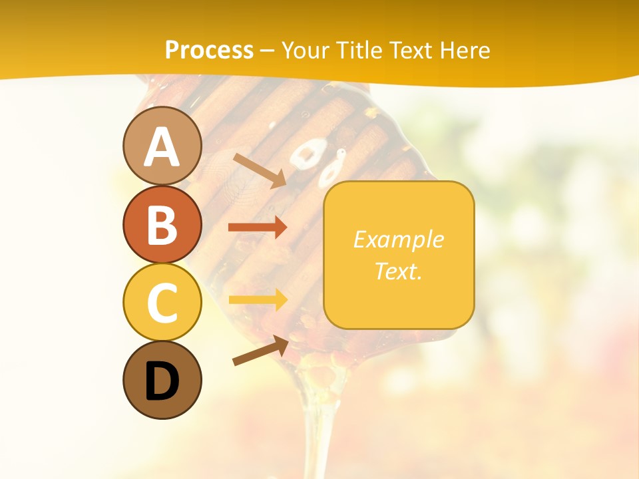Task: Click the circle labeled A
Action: click(162, 146)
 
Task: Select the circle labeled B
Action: click(162, 224)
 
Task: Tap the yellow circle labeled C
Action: click(162, 302)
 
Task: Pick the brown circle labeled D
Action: click(162, 380)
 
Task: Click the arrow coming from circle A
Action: click(260, 170)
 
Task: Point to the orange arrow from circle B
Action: click(258, 228)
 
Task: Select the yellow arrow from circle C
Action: click(258, 299)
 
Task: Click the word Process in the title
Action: click(209, 50)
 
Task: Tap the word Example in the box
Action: click(398, 239)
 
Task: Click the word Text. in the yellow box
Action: click(398, 271)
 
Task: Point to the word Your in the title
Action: click(305, 50)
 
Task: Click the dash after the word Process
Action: click(268, 51)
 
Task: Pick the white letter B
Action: click(162, 225)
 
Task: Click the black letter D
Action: click(162, 381)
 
